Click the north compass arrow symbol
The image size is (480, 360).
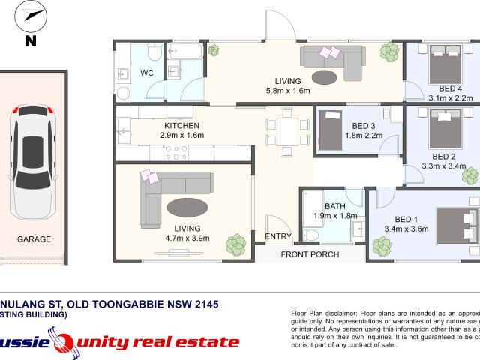click(31, 16)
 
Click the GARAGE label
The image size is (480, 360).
click(34, 239)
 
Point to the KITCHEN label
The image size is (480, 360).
click(181, 125)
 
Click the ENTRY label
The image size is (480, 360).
click(278, 237)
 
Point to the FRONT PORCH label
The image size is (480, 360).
click(310, 254)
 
